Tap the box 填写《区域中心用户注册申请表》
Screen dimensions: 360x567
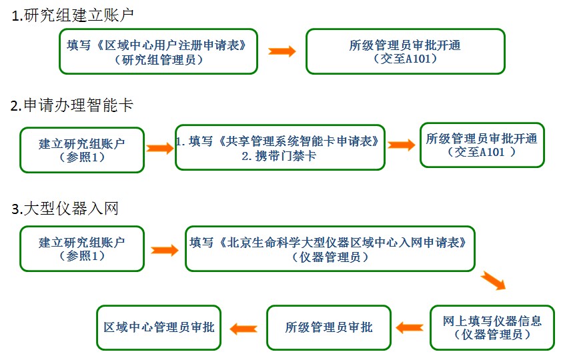tap(158, 51)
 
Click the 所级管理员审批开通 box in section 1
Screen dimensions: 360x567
tap(405, 51)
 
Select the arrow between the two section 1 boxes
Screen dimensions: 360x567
tap(282, 51)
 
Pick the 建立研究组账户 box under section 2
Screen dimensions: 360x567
tap(82, 149)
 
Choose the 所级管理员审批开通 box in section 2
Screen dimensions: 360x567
tap(482, 145)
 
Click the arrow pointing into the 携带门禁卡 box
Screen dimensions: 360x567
tap(160, 148)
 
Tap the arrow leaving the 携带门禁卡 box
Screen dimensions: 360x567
tap(402, 145)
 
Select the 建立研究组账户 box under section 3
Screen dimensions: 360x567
tap(82, 248)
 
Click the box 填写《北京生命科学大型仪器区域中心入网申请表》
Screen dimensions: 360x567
tap(331, 248)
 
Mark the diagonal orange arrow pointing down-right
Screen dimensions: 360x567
tap(493, 279)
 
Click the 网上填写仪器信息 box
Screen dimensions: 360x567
tap(492, 327)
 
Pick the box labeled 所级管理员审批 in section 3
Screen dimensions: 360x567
tap(329, 327)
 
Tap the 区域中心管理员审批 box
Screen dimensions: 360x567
tap(159, 327)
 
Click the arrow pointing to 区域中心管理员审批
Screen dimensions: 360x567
tap(243, 327)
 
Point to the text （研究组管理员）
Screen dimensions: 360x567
tap(159, 60)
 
